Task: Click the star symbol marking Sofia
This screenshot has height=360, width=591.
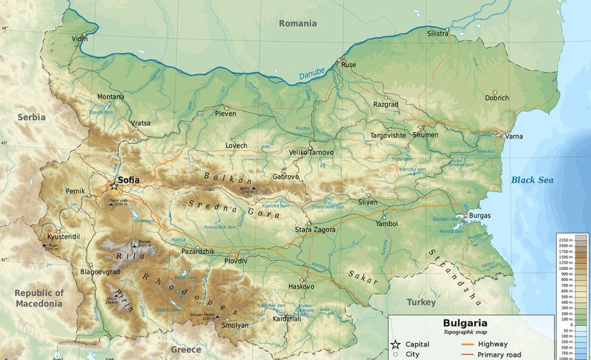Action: click(x=114, y=186)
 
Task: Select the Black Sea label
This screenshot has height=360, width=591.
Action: click(x=532, y=180)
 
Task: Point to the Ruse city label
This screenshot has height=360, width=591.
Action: click(x=348, y=65)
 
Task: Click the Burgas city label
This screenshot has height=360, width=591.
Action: click(x=479, y=215)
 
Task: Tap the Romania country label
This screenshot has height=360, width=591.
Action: click(x=298, y=23)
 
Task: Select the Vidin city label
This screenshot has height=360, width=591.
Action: click(x=79, y=38)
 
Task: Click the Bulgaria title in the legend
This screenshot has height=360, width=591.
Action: click(x=465, y=323)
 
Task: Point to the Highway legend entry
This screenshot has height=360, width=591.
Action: click(x=492, y=344)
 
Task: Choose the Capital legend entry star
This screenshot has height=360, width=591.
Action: click(x=395, y=344)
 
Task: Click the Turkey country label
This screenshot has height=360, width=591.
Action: click(x=421, y=302)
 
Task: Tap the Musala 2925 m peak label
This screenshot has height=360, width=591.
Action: click(x=144, y=244)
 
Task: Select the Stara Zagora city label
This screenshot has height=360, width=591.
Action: click(x=315, y=229)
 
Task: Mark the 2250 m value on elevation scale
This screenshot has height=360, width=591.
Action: click(x=566, y=240)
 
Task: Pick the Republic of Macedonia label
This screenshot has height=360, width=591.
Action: click(x=39, y=298)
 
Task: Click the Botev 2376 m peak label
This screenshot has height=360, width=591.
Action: click(x=247, y=190)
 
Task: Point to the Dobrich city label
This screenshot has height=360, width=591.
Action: click(x=497, y=98)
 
